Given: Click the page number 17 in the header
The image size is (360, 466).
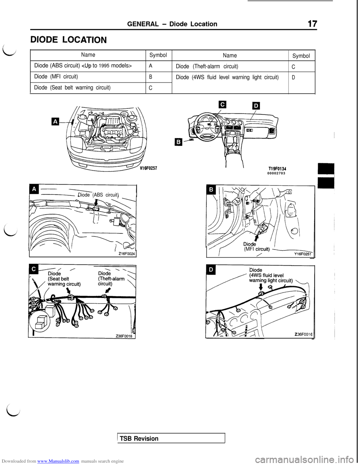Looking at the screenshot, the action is [x=312, y=24].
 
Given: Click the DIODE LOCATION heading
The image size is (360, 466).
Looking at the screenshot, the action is [x=69, y=39].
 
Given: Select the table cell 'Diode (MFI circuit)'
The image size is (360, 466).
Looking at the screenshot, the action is [x=88, y=77].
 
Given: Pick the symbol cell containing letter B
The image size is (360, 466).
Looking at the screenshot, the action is [x=159, y=77].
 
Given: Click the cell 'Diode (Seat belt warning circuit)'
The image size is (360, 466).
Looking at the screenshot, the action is [x=88, y=88].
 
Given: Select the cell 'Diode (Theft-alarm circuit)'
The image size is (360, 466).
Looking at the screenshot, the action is [x=230, y=66].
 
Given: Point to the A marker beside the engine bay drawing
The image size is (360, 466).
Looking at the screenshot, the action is [x=55, y=122].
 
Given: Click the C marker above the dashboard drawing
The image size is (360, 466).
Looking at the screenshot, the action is [x=223, y=105].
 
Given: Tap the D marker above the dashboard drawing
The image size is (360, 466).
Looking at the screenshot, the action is [x=256, y=106].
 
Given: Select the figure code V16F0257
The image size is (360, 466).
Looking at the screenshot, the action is [x=149, y=168].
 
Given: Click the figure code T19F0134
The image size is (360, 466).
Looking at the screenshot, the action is [x=276, y=169].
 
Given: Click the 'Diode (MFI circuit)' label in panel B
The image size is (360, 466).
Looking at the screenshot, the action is [x=256, y=247].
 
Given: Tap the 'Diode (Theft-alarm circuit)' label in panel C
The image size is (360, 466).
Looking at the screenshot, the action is [x=111, y=278].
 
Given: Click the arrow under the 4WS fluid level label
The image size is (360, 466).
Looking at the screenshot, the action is [x=261, y=287].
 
